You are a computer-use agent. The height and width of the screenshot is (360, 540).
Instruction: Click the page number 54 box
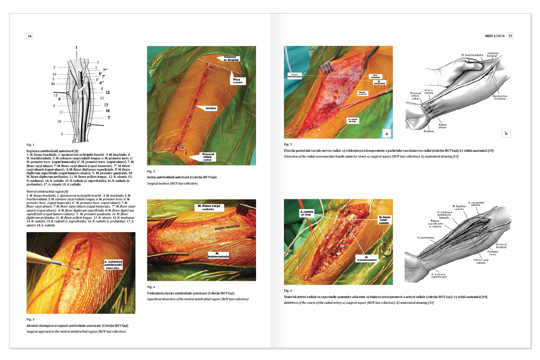tap(30, 36)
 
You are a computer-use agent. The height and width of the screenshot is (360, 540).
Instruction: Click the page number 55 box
tap(510, 36)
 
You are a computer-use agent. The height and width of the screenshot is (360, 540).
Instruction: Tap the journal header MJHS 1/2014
tap(495, 36)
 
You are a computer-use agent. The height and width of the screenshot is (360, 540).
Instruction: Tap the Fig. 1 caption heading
tap(31, 145)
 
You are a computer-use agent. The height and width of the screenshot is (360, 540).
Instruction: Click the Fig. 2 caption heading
tap(151, 171)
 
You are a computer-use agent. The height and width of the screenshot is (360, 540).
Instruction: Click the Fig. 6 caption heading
tap(288, 291)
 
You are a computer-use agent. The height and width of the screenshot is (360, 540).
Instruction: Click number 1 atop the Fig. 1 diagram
tap(76, 48)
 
